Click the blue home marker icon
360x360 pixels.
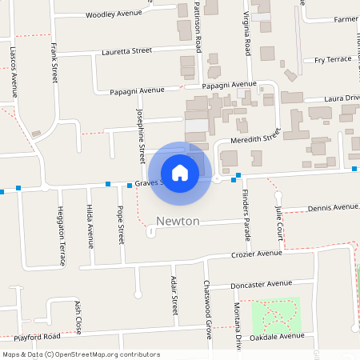coord(179,172)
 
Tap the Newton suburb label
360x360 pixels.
coord(178,221)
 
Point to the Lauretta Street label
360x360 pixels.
coord(126,50)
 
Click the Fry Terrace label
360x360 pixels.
coord(332,59)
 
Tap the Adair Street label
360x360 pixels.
coord(174,294)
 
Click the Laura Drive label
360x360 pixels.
coord(342,98)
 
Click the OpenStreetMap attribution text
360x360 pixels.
coord(81,354)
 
